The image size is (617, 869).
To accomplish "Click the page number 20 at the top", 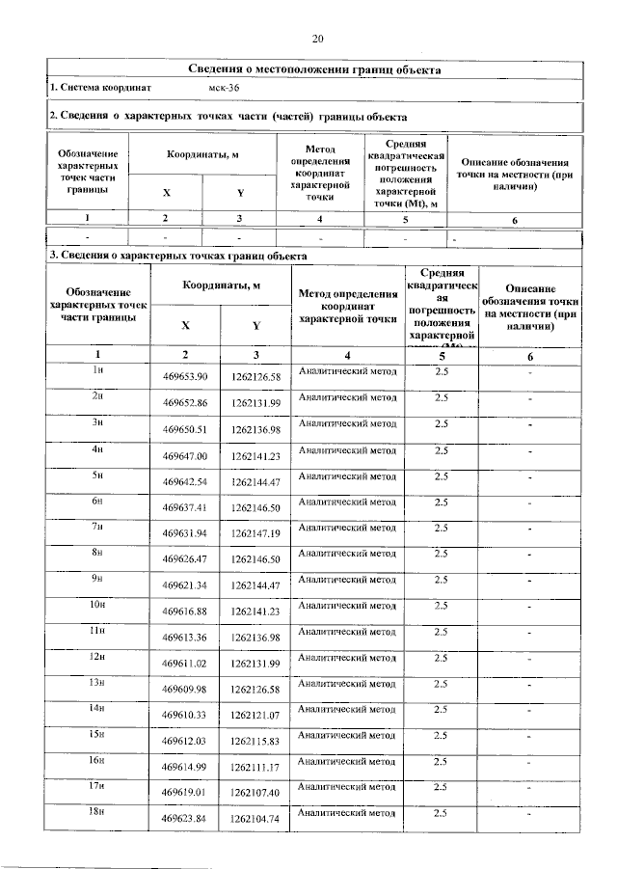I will (318, 39).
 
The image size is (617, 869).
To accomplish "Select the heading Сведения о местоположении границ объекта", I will (314, 69).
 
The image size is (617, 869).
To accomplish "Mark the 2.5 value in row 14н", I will (443, 709).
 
